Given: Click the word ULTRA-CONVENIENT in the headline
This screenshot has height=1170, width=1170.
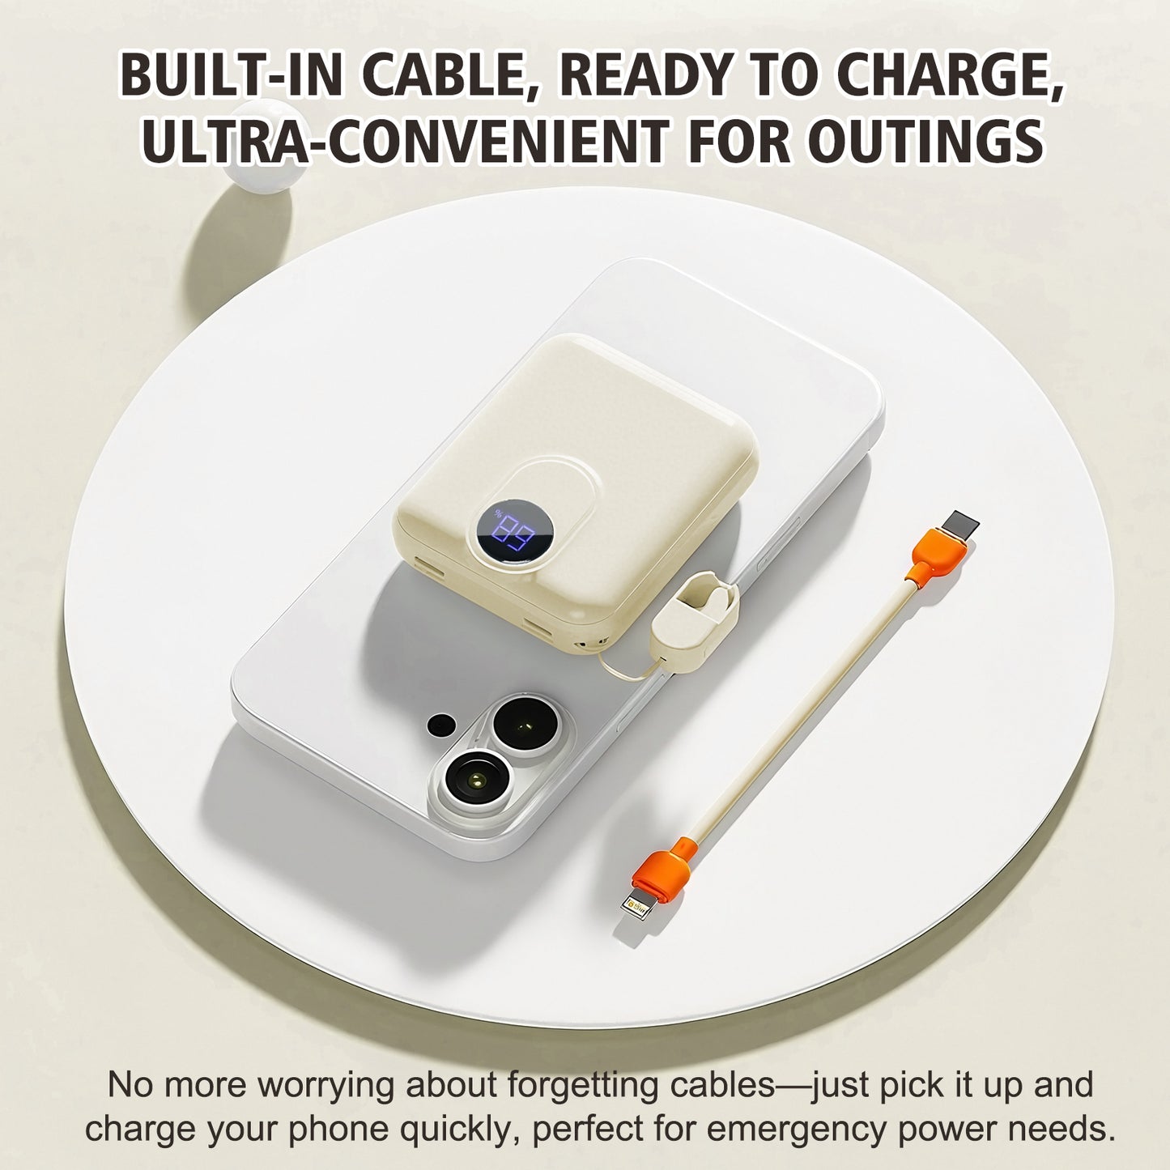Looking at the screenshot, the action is tap(407, 141).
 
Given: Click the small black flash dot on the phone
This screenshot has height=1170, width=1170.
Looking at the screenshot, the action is tap(441, 723).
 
